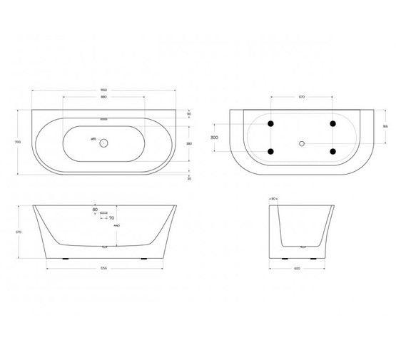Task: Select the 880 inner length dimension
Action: [103, 98]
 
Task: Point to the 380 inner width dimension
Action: [189, 143]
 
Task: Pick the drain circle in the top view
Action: [103, 143]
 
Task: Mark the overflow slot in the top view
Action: [103, 119]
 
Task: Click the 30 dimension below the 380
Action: [189, 179]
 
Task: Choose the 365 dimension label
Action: [385, 126]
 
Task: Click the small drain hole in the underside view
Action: [302, 144]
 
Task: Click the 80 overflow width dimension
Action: [95, 210]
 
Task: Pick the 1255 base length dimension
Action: [103, 268]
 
